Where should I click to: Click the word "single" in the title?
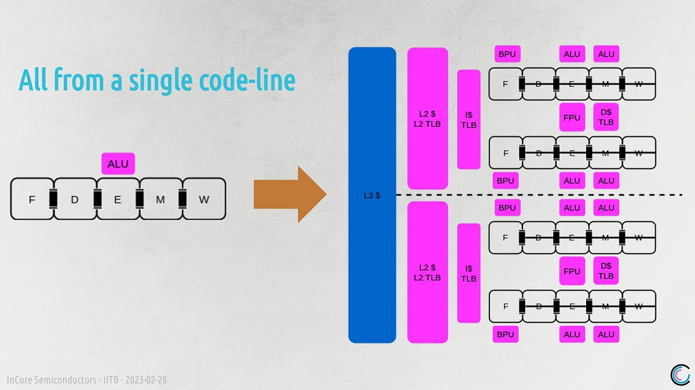160,81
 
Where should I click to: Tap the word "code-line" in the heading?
247,79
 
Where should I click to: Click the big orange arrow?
290,194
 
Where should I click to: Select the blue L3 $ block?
372,195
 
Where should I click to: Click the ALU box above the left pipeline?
118,163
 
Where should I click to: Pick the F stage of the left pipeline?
32,199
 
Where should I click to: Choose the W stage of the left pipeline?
204,199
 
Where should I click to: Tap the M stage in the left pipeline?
160,199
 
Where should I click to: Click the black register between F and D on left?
53,199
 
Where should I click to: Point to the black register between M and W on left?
182,199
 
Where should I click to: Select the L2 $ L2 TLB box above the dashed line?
427,118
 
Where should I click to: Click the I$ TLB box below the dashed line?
469,274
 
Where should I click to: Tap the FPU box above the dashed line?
572,118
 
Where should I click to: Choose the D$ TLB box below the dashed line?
606,271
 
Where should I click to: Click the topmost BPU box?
507,54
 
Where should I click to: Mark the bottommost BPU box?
506,334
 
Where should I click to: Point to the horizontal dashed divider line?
539,195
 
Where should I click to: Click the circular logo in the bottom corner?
680,375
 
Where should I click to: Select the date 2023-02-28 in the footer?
146,380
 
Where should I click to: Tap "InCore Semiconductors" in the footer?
52,380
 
